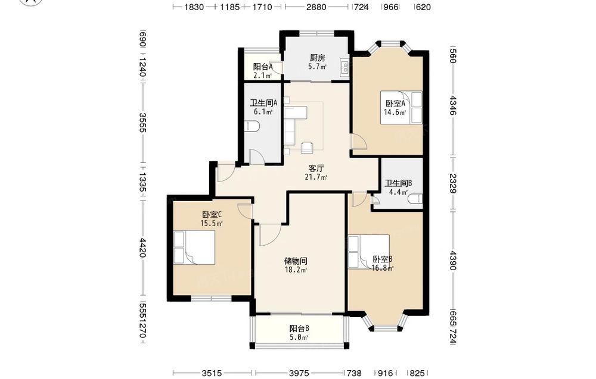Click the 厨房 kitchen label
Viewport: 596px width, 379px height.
click(x=318, y=58)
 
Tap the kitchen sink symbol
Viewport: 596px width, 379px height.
click(x=344, y=67)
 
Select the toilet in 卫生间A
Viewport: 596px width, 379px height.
click(x=251, y=126)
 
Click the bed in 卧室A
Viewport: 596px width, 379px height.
click(x=401, y=107)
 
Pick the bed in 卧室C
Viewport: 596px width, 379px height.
click(x=195, y=248)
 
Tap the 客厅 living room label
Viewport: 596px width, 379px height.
click(x=316, y=168)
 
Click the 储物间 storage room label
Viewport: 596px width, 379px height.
click(x=296, y=261)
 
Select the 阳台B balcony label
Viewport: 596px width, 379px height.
click(x=299, y=328)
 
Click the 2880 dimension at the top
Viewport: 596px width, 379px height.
click(x=316, y=7)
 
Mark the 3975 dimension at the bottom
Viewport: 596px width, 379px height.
click(x=299, y=373)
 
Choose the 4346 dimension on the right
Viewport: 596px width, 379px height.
click(x=452, y=105)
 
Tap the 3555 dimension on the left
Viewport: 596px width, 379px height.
click(x=142, y=123)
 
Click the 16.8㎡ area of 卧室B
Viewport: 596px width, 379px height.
click(x=383, y=268)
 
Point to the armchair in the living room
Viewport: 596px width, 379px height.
click(x=307, y=147)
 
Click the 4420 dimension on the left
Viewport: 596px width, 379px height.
click(x=142, y=248)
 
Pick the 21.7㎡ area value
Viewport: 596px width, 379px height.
click(x=316, y=177)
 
